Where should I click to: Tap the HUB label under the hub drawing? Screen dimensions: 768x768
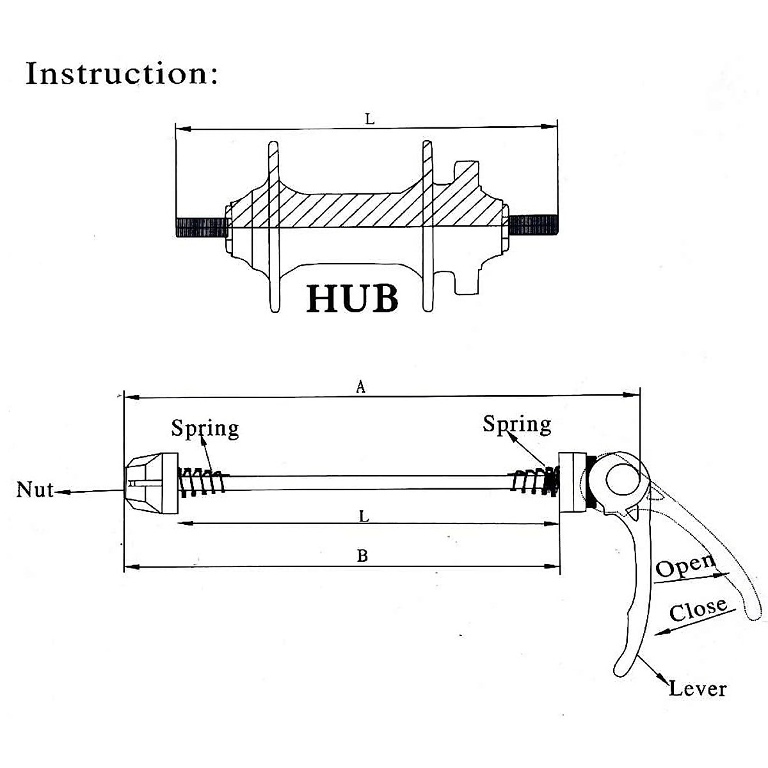pos(352,298)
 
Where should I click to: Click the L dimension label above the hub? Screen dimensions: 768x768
pos(370,119)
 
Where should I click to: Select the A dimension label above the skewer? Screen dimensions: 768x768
pos(361,386)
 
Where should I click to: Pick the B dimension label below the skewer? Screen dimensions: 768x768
pos(362,556)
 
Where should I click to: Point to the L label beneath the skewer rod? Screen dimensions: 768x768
pos(364,516)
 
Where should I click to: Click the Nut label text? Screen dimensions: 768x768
pos(35,490)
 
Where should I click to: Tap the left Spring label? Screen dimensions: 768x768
pos(205,429)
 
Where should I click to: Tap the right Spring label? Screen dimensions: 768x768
pos(517,424)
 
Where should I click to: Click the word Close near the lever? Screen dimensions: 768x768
pos(698,609)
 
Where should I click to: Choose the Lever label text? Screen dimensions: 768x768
pos(698,689)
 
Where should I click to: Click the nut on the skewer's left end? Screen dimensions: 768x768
pos(152,483)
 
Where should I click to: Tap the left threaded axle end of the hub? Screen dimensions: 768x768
pos(201,228)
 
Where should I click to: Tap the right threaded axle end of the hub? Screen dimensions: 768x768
pos(533,225)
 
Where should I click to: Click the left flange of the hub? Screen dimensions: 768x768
pos(273,227)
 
